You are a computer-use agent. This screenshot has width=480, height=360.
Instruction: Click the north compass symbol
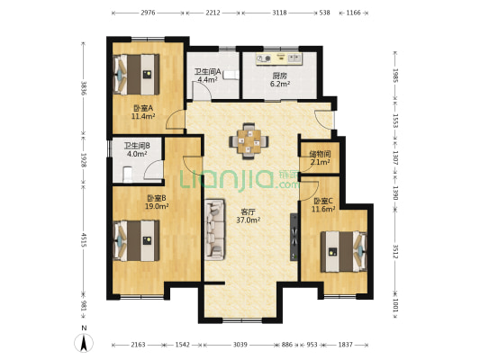[84, 343]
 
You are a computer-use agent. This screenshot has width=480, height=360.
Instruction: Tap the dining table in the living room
[249, 141]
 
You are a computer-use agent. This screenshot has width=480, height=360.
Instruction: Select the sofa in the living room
[214, 229]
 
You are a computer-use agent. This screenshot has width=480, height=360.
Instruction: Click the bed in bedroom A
[137, 75]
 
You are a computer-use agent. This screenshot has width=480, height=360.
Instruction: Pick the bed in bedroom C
[344, 252]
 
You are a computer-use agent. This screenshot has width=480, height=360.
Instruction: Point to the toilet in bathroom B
[127, 175]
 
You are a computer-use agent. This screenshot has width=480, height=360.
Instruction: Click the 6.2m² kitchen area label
[280, 84]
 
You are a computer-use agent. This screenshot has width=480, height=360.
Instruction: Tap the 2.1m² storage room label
[321, 162]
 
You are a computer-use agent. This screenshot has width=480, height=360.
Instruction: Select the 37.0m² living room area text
[249, 220]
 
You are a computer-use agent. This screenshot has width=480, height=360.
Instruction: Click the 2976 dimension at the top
[148, 13]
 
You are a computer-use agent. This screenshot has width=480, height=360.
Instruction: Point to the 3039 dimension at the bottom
[240, 345]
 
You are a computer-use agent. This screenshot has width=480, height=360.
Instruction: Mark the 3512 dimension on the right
[395, 251]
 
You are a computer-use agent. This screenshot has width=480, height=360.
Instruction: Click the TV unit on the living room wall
[294, 237]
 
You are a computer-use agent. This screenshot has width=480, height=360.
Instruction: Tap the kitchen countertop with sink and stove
[279, 59]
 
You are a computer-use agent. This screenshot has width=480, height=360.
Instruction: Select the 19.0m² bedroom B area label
[157, 206]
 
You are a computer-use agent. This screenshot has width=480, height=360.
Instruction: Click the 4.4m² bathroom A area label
[207, 80]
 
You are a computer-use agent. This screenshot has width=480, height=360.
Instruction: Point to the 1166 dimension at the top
[353, 13]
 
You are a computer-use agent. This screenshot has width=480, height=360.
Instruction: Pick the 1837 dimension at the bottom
[345, 345]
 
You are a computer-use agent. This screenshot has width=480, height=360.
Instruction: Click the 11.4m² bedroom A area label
[143, 116]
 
